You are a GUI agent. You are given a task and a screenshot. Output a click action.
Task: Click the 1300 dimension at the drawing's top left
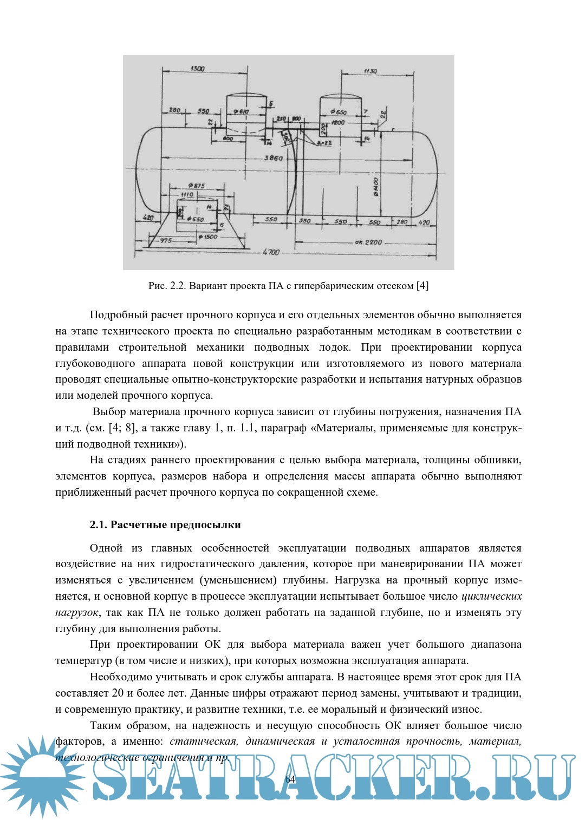point(198,69)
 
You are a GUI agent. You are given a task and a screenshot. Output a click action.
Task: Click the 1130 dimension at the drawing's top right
point(370,71)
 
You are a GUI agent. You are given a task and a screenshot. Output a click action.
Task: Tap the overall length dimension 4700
point(271,252)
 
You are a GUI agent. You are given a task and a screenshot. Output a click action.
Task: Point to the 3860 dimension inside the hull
point(273,158)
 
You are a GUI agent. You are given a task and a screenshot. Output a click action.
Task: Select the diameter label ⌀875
point(196,186)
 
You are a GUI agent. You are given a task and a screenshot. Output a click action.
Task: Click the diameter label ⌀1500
point(207,237)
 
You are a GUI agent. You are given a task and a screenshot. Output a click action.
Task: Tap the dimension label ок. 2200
point(368,242)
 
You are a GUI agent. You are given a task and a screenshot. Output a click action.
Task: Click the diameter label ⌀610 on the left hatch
point(242,111)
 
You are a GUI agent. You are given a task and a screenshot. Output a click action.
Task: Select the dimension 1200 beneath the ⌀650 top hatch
point(338,123)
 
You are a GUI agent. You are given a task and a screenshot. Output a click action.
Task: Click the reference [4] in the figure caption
point(422,285)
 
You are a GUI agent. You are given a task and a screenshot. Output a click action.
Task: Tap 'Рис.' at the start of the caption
point(158,285)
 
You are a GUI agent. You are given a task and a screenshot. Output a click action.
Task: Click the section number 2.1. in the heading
point(99,524)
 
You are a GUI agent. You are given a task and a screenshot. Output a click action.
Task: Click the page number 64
point(290,779)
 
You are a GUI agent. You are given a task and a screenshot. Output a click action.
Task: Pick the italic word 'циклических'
point(491,596)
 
